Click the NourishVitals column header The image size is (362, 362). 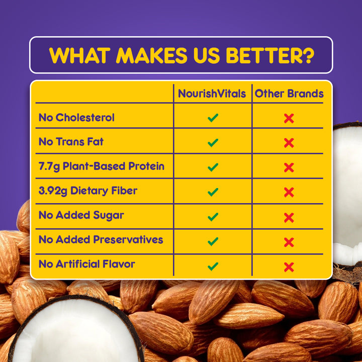pyautogui.click(x=212, y=94)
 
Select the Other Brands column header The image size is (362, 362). pyautogui.click(x=289, y=94)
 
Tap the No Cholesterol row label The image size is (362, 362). pyautogui.click(x=76, y=118)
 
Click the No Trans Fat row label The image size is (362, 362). pyautogui.click(x=71, y=142)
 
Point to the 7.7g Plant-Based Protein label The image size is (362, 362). pyautogui.click(x=102, y=166)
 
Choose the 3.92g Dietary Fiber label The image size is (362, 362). pyautogui.click(x=88, y=191)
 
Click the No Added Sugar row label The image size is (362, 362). pyautogui.click(x=81, y=215)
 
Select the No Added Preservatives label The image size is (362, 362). pyautogui.click(x=101, y=239)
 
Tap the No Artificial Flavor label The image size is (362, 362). pyautogui.click(x=87, y=264)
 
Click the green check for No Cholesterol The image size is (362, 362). pyautogui.click(x=213, y=118)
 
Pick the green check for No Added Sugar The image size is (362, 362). pyautogui.click(x=213, y=217)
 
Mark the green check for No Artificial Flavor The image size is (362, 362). pyautogui.click(x=213, y=266)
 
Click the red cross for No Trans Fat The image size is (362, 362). pyautogui.click(x=289, y=143)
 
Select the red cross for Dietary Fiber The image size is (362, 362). pyautogui.click(x=289, y=192)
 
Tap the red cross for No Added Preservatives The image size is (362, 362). pyautogui.click(x=289, y=242)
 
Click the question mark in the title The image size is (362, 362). pyautogui.click(x=307, y=56)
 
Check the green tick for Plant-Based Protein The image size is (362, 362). pyautogui.click(x=213, y=167)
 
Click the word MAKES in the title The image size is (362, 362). pyautogui.click(x=151, y=56)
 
